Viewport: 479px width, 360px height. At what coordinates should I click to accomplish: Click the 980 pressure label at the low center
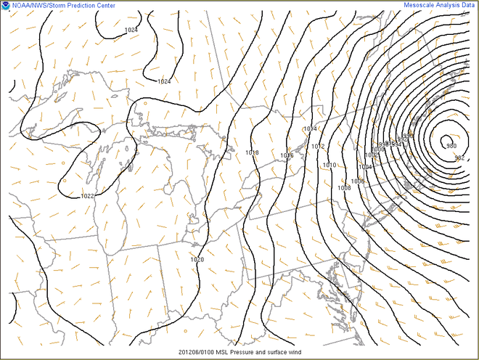pyautogui.click(x=451, y=145)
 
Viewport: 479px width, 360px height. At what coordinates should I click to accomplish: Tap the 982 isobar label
pyautogui.click(x=459, y=157)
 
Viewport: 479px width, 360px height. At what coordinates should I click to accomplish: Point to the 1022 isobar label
pyautogui.click(x=87, y=196)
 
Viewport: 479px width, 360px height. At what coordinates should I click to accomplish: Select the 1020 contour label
pyautogui.click(x=197, y=259)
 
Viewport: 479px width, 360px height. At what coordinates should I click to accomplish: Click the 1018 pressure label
pyautogui.click(x=253, y=152)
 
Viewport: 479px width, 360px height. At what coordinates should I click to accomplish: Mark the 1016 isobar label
pyautogui.click(x=287, y=155)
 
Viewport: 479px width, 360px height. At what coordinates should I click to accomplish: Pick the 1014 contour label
pyautogui.click(x=310, y=128)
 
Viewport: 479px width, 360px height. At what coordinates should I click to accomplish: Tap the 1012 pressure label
pyautogui.click(x=318, y=147)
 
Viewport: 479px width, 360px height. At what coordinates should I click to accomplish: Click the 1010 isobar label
pyautogui.click(x=329, y=165)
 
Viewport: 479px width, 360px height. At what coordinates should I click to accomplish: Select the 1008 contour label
pyautogui.click(x=344, y=187)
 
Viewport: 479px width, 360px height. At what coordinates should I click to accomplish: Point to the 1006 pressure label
pyautogui.click(x=358, y=181)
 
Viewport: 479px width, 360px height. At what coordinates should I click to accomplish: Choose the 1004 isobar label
pyautogui.click(x=365, y=167)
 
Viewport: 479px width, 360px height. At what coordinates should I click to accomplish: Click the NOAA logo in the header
pyautogui.click(x=6, y=5)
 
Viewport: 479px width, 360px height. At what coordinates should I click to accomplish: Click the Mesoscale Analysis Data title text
pyautogui.click(x=440, y=5)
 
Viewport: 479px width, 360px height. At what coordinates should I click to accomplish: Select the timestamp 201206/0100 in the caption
pyautogui.click(x=198, y=352)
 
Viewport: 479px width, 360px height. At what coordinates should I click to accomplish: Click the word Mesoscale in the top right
pyautogui.click(x=422, y=5)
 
